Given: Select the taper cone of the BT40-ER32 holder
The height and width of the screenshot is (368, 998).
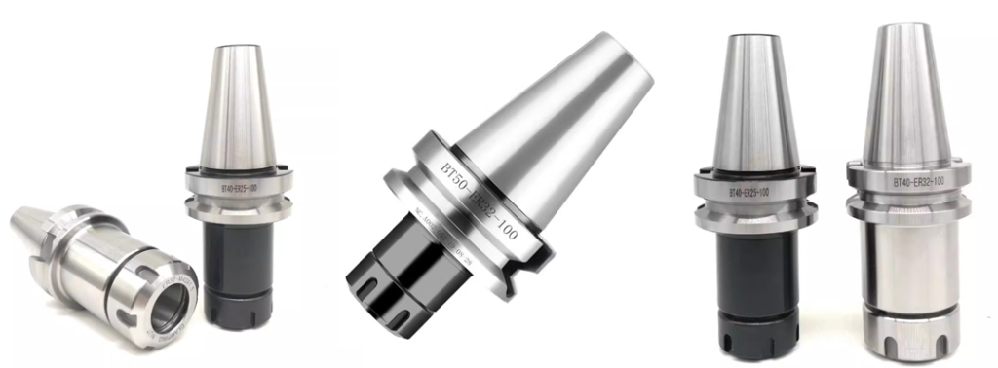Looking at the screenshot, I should coord(903,97).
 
